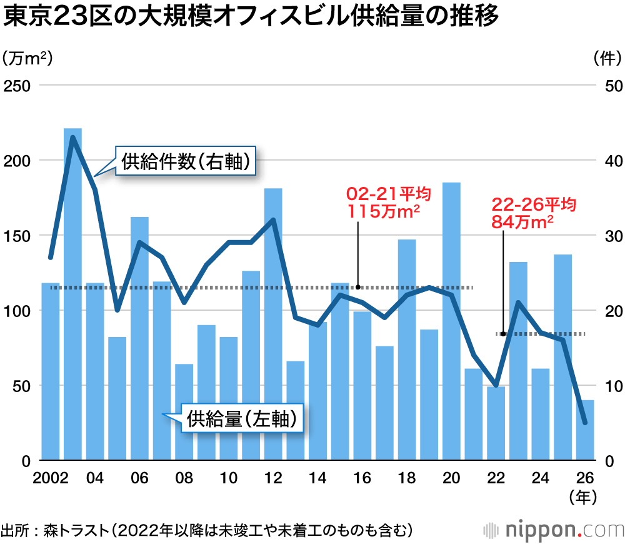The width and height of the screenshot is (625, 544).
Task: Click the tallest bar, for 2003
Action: [73, 294]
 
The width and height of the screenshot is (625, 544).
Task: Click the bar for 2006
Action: [139, 338]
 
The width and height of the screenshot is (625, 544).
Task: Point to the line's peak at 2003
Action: [73, 138]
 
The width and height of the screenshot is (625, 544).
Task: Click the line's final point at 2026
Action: [585, 423]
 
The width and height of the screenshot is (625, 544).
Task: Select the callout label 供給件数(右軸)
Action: [187, 163]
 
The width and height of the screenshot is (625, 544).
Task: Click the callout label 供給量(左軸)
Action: [241, 419]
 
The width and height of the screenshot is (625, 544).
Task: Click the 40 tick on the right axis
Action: [612, 161]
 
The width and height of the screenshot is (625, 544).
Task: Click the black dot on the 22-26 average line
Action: [503, 334]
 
